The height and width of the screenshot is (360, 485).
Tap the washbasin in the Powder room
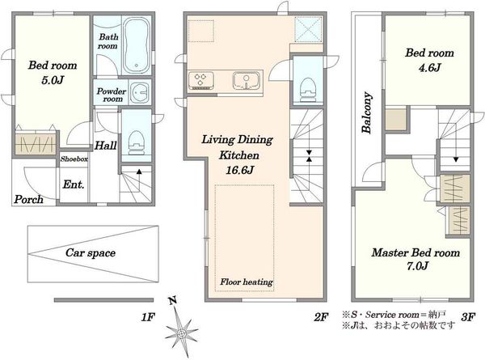click(139, 92)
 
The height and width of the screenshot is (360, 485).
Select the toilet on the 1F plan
click(136, 142)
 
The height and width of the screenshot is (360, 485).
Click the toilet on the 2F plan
click(308, 89)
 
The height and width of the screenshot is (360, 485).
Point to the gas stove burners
click(200, 79)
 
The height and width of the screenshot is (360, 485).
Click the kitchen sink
click(247, 80)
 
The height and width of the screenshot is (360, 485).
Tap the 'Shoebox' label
click(74, 159)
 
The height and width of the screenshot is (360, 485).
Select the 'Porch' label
click(28, 199)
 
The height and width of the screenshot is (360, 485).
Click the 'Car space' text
click(91, 253)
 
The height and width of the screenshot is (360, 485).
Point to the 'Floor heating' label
click(247, 282)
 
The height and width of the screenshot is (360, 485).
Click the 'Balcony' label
click(367, 112)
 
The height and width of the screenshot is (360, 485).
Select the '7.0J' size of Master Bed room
click(417, 266)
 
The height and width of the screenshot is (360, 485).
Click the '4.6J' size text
click(429, 67)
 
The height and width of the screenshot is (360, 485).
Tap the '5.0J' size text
click(53, 80)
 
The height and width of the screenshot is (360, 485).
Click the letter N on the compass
click(173, 300)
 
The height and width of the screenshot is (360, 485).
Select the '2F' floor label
click(321, 317)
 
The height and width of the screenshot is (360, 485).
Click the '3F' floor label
click(468, 317)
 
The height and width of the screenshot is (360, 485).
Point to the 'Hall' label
click(105, 146)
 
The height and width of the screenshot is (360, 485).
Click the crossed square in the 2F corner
click(308, 29)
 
